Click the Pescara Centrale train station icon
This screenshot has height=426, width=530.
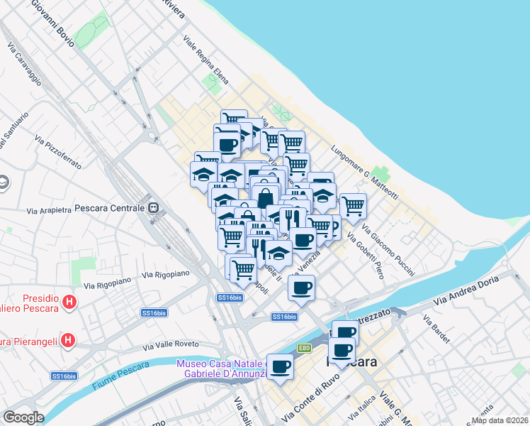pos(152,209)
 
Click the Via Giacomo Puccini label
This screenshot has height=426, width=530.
pos(389,249)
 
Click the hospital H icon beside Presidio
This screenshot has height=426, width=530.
pos(69,302)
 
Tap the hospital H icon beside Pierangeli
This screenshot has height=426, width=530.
pos(67,340)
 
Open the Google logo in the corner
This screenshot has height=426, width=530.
pos(23,417)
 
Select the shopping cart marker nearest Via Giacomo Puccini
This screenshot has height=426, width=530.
pos(353,206)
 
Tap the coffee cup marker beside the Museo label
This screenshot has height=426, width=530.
pos(280,366)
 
